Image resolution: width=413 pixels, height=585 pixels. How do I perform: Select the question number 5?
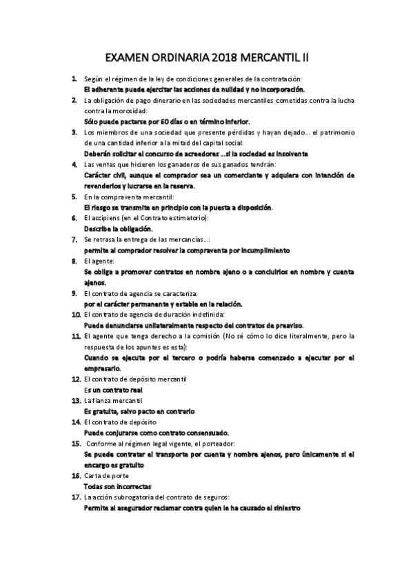74,197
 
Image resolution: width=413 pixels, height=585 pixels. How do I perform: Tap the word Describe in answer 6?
98,228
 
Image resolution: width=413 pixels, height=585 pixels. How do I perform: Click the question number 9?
74,292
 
